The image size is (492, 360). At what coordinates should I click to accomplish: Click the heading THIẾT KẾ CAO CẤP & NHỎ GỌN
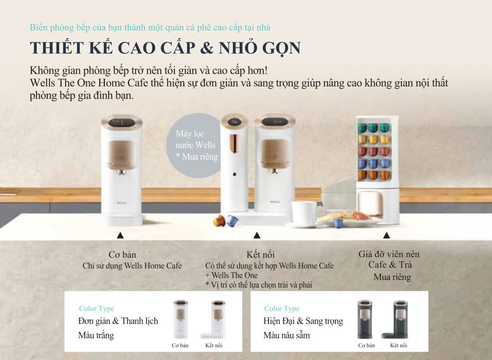click(165, 48)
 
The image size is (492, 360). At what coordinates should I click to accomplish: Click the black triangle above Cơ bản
click(121, 236)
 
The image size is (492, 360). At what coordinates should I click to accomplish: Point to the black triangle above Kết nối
click(257, 236)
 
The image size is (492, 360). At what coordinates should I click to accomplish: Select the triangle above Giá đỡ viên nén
click(387, 236)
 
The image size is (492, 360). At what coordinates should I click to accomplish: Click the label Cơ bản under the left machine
click(122, 255)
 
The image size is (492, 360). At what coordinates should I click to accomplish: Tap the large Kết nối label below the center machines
click(261, 255)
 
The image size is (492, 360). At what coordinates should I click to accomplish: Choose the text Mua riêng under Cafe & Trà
click(392, 277)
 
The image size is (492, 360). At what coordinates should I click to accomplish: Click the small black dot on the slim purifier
click(234, 174)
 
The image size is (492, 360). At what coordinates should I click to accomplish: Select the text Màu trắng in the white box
click(96, 336)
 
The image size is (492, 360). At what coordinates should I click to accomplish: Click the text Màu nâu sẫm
click(287, 336)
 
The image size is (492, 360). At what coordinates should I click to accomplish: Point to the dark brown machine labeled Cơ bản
click(365, 320)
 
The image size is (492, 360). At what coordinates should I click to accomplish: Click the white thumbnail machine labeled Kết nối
click(216, 320)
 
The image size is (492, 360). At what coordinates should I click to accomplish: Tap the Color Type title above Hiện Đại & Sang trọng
click(282, 309)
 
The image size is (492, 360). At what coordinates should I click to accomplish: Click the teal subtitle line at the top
click(150, 28)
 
